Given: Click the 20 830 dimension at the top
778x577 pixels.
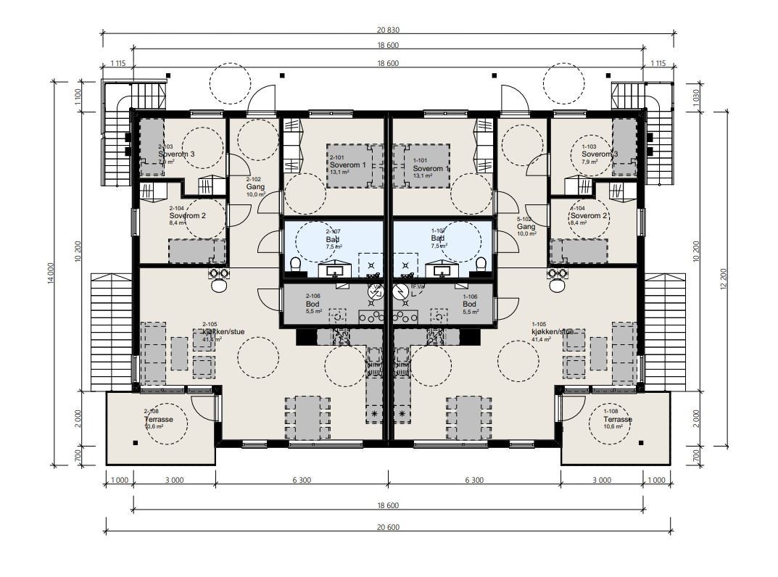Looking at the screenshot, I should click(388, 30).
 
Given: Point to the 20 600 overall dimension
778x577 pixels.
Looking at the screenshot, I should click(388, 527).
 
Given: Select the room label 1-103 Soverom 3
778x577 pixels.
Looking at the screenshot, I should click(599, 154).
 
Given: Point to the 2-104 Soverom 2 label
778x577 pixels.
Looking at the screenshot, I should click(187, 215).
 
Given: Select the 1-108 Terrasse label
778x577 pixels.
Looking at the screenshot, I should click(617, 419).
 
